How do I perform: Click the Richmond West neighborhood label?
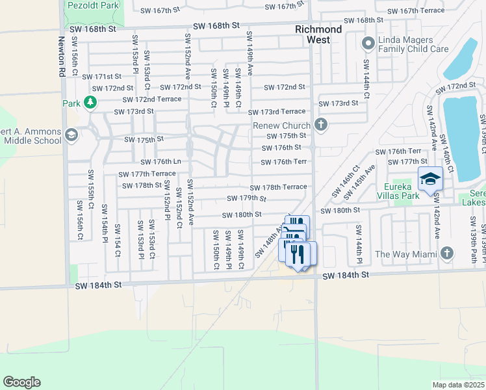318,34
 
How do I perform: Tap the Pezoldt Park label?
93,5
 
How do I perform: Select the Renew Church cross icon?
320,125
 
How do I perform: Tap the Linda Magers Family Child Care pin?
368,44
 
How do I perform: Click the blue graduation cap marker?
429,179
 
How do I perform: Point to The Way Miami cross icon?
446,253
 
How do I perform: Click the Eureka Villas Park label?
402,193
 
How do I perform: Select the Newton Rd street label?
62,57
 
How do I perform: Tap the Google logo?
21,382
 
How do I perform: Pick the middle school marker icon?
71,135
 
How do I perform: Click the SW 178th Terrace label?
278,187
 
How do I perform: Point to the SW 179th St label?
246,198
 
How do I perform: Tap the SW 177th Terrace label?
146,174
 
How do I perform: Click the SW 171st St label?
98,77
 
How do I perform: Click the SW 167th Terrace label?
416,11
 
